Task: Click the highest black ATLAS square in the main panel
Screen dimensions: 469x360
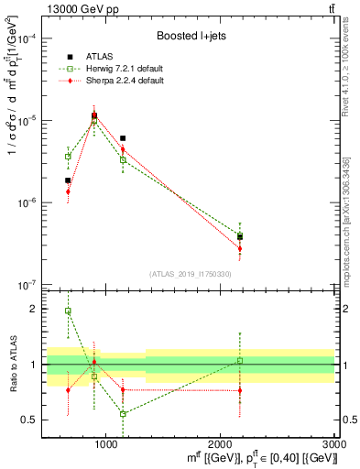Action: [94, 115]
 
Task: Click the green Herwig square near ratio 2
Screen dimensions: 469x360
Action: [68, 311]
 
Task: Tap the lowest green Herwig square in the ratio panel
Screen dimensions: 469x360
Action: [123, 414]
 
